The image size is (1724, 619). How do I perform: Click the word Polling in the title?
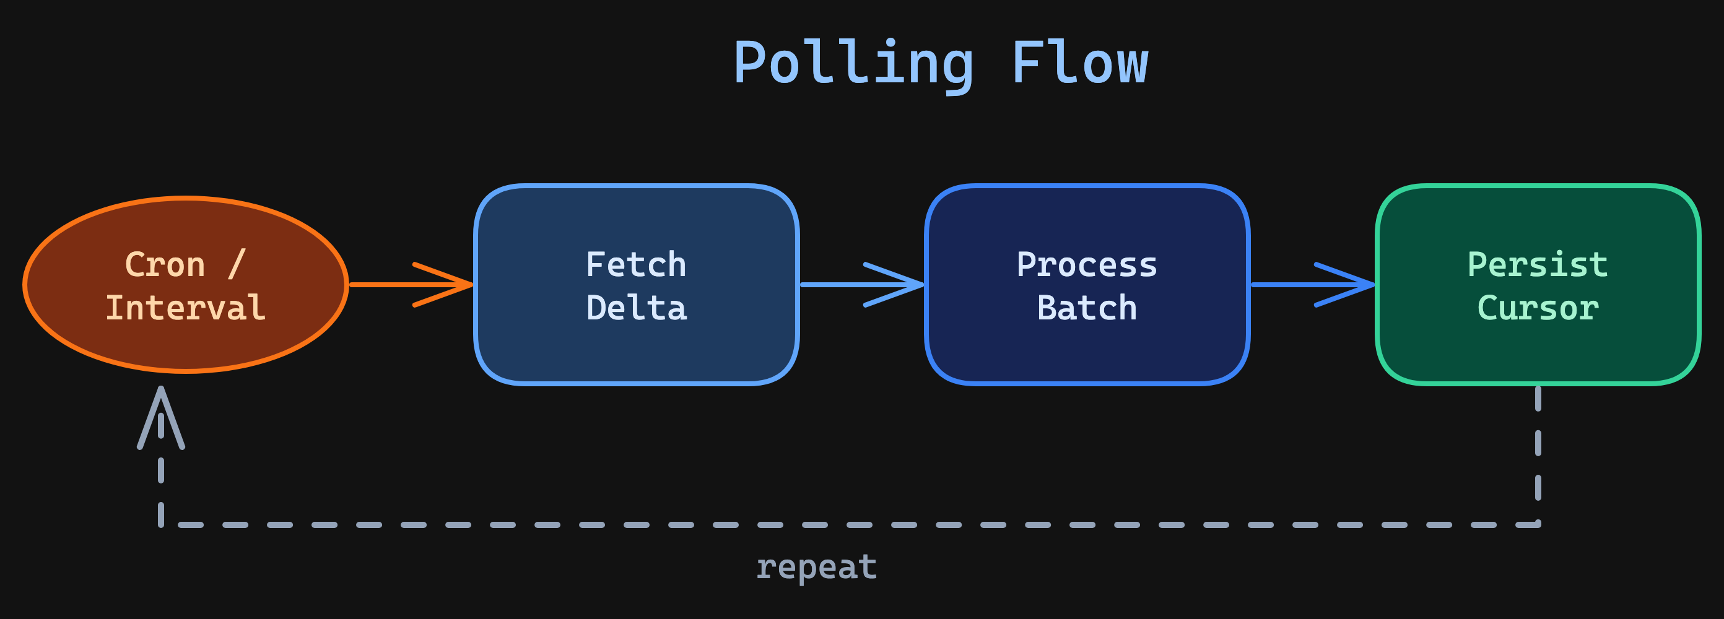[x=853, y=64]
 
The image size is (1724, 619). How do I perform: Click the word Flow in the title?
[x=1079, y=64]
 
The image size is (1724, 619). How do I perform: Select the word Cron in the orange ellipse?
[x=165, y=264]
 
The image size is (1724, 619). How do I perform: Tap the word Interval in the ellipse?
[x=185, y=308]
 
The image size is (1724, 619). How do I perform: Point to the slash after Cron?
[x=237, y=264]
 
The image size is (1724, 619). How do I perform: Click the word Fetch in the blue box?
[x=636, y=264]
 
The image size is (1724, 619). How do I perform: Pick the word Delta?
[x=636, y=308]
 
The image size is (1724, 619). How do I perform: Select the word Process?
[x=1086, y=264]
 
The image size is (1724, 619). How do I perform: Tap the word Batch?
[x=1086, y=308]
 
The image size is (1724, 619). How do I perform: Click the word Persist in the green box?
[x=1537, y=264]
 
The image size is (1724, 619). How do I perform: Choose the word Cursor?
[x=1537, y=308]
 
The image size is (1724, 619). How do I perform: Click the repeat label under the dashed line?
[x=816, y=567]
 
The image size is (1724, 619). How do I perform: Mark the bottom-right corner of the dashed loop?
[x=1537, y=524]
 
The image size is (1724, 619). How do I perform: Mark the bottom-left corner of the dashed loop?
[x=161, y=524]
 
